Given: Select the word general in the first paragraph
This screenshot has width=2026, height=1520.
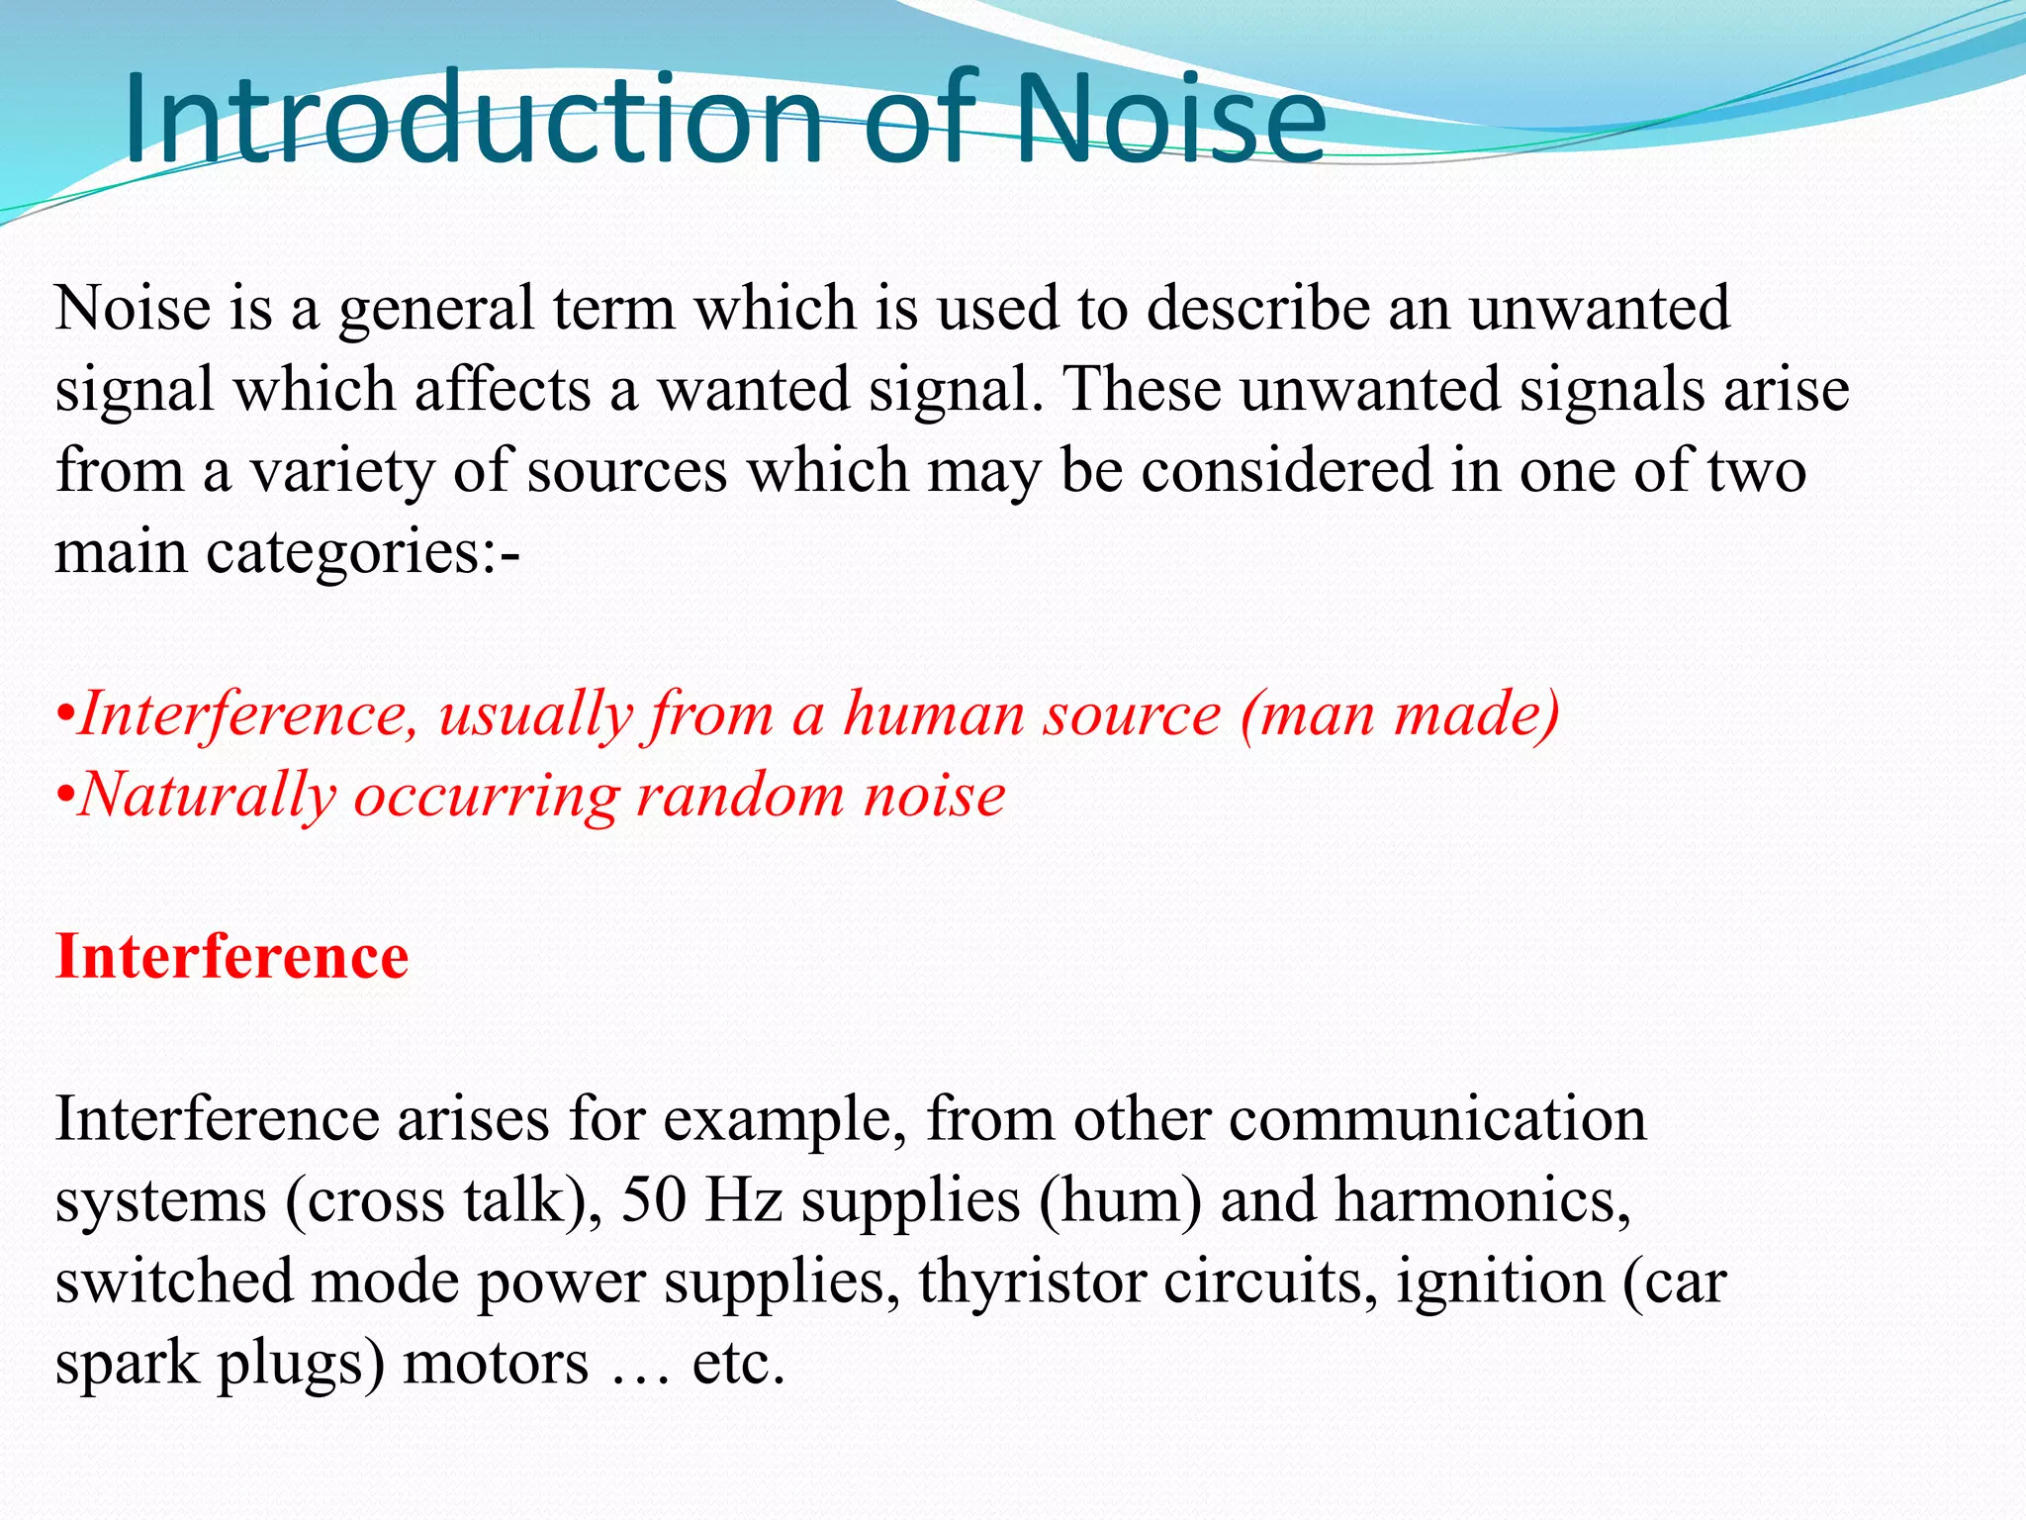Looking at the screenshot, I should (x=436, y=310).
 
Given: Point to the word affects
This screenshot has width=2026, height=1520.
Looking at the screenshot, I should (x=503, y=389).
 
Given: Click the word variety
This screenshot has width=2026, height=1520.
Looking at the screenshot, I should (x=342, y=472).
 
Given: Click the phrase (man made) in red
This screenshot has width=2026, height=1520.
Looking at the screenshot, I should (x=1399, y=713).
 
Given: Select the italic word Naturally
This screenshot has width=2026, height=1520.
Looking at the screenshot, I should (x=207, y=796).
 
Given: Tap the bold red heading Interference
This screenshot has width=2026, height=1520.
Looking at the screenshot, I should (x=231, y=957).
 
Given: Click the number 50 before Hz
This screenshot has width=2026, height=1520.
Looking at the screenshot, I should (x=653, y=1200).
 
